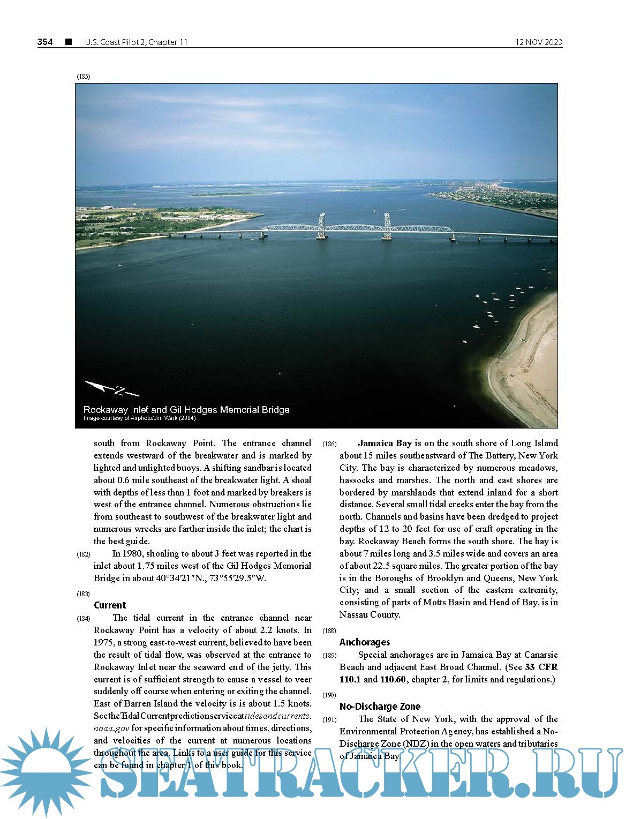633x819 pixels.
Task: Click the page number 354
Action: (x=45, y=42)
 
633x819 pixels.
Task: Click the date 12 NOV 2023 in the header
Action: (x=538, y=42)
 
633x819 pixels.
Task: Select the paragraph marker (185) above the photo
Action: (x=83, y=77)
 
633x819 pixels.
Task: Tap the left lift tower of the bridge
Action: (x=321, y=226)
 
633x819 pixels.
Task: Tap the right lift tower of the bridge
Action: (x=387, y=226)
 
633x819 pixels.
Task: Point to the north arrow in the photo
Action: (x=111, y=388)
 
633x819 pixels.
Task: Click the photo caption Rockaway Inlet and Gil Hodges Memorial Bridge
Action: (x=186, y=410)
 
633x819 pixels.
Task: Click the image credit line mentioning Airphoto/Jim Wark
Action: (x=139, y=418)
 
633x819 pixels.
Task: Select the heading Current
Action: (x=110, y=605)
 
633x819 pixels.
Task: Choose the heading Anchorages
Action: (x=364, y=642)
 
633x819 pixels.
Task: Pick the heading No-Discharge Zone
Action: (x=380, y=707)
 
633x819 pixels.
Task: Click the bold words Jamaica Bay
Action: (x=385, y=443)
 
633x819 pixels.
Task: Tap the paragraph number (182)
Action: (x=83, y=554)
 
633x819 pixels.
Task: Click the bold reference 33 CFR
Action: (x=541, y=667)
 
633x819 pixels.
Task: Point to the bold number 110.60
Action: (x=393, y=679)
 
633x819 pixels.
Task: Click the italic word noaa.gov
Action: (x=111, y=728)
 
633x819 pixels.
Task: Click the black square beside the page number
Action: (x=68, y=42)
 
